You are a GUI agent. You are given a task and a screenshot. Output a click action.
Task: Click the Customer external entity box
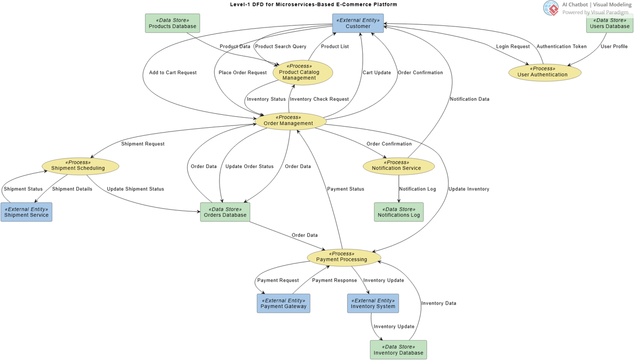[358, 23]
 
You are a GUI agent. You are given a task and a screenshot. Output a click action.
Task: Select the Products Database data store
[172, 23]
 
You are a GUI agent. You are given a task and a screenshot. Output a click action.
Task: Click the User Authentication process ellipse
[545, 72]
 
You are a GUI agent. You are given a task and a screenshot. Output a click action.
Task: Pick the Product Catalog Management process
[302, 72]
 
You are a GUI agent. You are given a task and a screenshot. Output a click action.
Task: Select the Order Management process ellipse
[290, 121]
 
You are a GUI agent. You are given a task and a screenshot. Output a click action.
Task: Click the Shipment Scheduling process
[80, 165]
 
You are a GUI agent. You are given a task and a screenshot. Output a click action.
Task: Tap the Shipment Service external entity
[26, 212]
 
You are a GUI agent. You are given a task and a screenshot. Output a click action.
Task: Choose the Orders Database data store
[225, 212]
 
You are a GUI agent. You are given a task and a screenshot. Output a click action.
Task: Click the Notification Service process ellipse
[398, 165]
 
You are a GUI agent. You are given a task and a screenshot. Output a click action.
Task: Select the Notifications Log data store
[398, 212]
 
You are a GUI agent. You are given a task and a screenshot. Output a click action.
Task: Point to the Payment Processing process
[343, 257]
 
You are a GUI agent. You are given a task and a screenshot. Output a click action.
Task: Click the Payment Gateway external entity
[283, 303]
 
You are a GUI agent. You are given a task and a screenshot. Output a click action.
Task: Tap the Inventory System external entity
[373, 303]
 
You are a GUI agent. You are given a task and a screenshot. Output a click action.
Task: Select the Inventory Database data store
[398, 350]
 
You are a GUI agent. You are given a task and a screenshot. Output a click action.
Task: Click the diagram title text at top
[313, 5]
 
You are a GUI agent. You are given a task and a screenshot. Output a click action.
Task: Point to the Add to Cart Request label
[173, 73]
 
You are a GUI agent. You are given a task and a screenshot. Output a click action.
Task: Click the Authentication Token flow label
[561, 47]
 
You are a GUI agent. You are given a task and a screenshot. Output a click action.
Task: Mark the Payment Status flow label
[346, 189]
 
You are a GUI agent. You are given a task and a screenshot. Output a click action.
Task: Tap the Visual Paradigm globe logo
[551, 8]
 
